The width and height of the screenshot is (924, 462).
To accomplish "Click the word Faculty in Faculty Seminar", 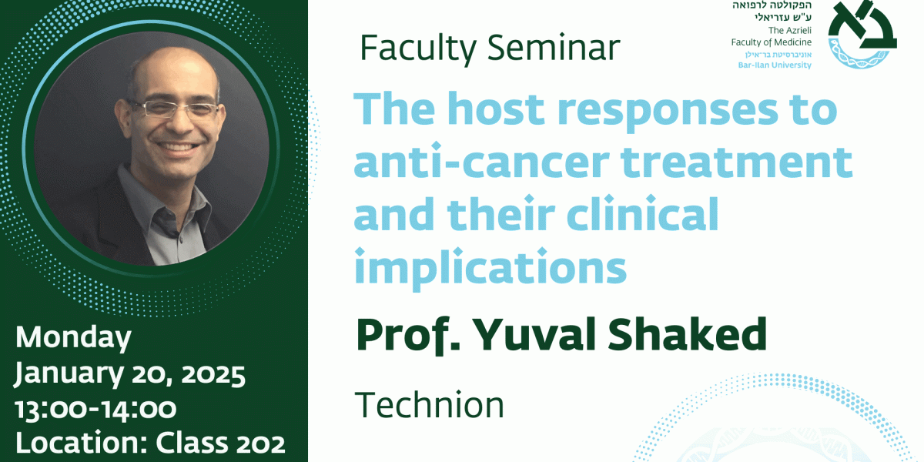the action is [418, 49].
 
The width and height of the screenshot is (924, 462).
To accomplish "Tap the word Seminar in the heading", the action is [554, 48].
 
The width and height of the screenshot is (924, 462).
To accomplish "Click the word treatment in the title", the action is [737, 162].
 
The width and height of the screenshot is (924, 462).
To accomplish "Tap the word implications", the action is [490, 268].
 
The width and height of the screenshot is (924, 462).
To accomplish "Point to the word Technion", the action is [430, 405].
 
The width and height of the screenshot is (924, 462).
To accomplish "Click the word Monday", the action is [73, 338].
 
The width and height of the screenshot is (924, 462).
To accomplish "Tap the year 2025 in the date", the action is [213, 375].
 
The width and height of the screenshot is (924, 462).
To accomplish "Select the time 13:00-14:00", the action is [95, 409].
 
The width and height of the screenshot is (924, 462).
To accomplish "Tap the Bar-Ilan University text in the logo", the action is [775, 65].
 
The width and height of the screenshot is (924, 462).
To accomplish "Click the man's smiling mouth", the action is [178, 147].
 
